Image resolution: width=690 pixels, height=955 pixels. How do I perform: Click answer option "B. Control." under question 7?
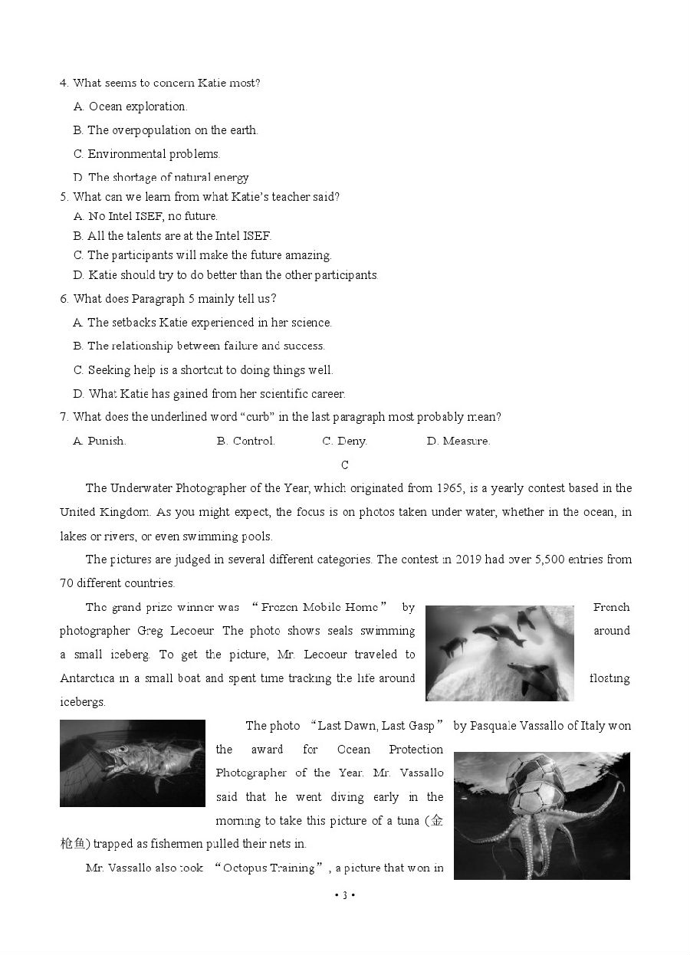point(245,441)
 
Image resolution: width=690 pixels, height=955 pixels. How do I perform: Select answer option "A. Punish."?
point(100,441)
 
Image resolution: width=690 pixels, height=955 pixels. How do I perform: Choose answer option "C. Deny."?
point(344,441)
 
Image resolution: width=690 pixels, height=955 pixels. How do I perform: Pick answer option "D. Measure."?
point(458,441)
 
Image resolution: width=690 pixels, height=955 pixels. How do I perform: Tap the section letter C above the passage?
point(345,464)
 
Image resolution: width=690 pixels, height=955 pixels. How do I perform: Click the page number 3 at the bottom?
point(345,895)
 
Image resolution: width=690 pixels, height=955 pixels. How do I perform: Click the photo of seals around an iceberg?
point(499,653)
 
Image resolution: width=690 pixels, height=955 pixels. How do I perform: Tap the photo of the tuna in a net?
point(133,763)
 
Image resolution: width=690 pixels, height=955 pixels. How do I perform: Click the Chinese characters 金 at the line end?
point(436,821)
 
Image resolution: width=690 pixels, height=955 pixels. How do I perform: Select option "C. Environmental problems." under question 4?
point(146,154)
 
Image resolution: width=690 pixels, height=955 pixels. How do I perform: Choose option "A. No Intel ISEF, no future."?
point(146,216)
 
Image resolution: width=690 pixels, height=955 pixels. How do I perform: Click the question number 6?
point(64,299)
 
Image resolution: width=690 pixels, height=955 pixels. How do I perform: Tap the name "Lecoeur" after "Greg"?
point(199,631)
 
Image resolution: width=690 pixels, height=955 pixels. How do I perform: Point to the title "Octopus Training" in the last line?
point(271,868)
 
